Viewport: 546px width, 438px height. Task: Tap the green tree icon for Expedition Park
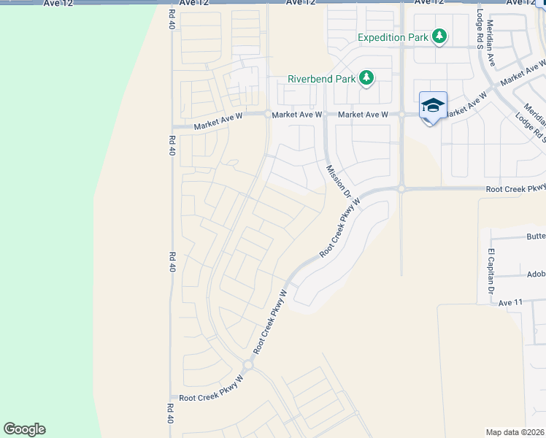439,36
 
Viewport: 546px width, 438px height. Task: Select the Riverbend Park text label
320,78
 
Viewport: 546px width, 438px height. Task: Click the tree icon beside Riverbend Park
366,78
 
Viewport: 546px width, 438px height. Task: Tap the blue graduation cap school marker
433,106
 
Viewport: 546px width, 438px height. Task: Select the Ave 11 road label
510,302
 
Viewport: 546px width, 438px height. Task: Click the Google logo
25,429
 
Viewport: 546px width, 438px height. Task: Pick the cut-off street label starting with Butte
536,237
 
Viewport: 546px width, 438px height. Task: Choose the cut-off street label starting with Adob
536,275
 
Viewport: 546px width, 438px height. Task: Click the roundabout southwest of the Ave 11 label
248,364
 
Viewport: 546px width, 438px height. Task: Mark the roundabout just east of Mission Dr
401,188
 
